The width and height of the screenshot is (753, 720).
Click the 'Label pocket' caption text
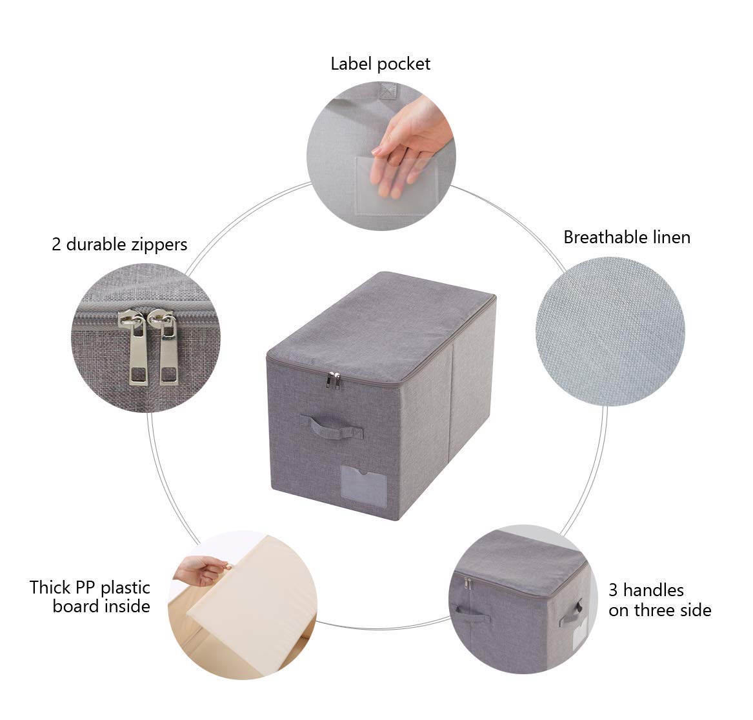point(380,64)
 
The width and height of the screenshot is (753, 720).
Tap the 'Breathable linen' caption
point(627,237)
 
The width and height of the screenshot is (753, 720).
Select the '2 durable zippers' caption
point(119,245)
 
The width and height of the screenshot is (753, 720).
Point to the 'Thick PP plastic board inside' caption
point(90,597)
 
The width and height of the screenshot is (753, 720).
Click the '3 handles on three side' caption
point(659,600)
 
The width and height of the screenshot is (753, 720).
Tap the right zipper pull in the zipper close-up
point(166,348)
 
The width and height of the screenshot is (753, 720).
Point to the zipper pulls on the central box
point(333,381)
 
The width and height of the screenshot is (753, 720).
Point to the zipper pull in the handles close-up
point(467,584)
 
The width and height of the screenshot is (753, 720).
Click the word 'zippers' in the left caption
point(157,245)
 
